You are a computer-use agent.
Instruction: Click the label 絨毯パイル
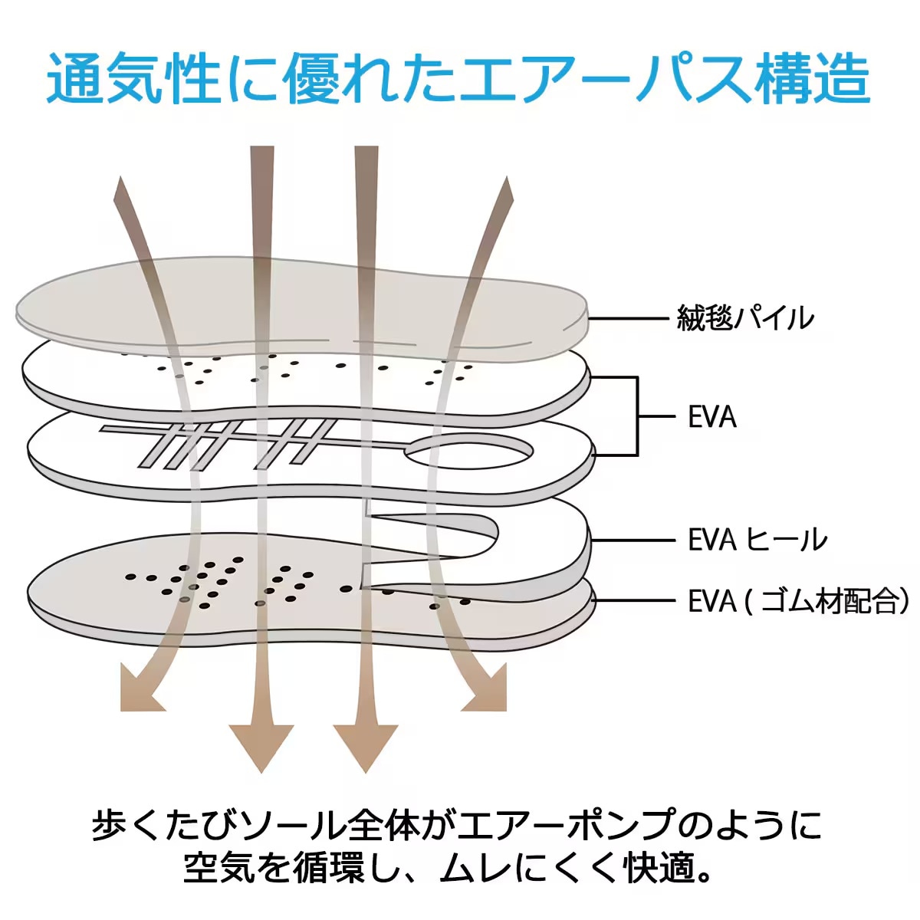click(744, 317)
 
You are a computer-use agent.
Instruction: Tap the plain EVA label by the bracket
click(712, 417)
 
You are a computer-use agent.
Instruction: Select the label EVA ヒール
click(757, 540)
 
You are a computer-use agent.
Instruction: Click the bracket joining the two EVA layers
click(636, 416)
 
